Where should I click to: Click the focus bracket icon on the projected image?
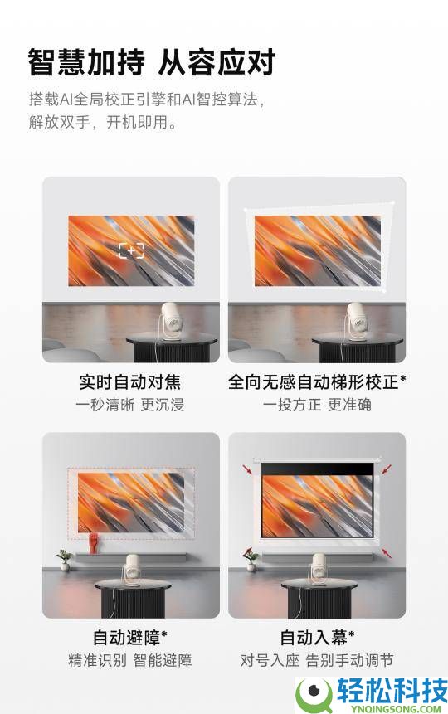[x=131, y=250]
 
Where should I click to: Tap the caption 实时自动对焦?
[x=129, y=382]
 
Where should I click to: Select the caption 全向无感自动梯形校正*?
[x=317, y=382]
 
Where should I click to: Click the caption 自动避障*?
[x=129, y=638]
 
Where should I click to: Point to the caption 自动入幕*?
[x=317, y=638]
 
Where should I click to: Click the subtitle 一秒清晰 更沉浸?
[x=129, y=405]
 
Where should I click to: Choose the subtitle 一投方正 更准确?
[x=317, y=405]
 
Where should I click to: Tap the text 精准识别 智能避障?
[x=129, y=661]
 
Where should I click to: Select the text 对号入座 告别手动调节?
[x=317, y=661]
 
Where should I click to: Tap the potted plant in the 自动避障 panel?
[x=64, y=560]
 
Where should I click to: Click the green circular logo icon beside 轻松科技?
[x=314, y=692]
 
